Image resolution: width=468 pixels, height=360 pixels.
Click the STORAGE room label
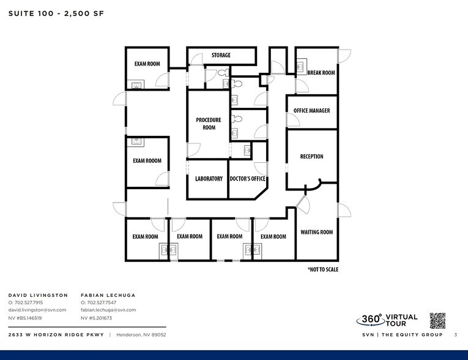coord(221,55)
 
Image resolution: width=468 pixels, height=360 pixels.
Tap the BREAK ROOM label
coord(321,73)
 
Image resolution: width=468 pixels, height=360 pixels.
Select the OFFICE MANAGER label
coord(311,111)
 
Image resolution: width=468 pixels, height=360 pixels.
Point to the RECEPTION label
coord(311,157)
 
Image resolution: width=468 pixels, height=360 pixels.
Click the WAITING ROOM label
coord(316,232)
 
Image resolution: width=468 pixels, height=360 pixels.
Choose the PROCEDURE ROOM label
coord(208,124)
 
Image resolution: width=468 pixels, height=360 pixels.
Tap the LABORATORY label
coord(209,179)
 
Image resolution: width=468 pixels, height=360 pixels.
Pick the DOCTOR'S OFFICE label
coord(247,179)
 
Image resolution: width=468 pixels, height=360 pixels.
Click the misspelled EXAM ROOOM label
coord(147,161)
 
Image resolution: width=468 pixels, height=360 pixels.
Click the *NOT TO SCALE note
coord(322,269)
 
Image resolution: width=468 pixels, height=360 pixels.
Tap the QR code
coord(437,320)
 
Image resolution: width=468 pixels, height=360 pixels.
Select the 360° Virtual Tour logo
coord(387,320)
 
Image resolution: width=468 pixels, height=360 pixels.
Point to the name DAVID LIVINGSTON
coord(38,295)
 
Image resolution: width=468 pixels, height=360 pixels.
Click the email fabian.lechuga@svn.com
coord(108,310)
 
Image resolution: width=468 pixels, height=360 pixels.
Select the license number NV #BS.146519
coord(25,318)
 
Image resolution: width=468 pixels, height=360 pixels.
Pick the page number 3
coord(455,335)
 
